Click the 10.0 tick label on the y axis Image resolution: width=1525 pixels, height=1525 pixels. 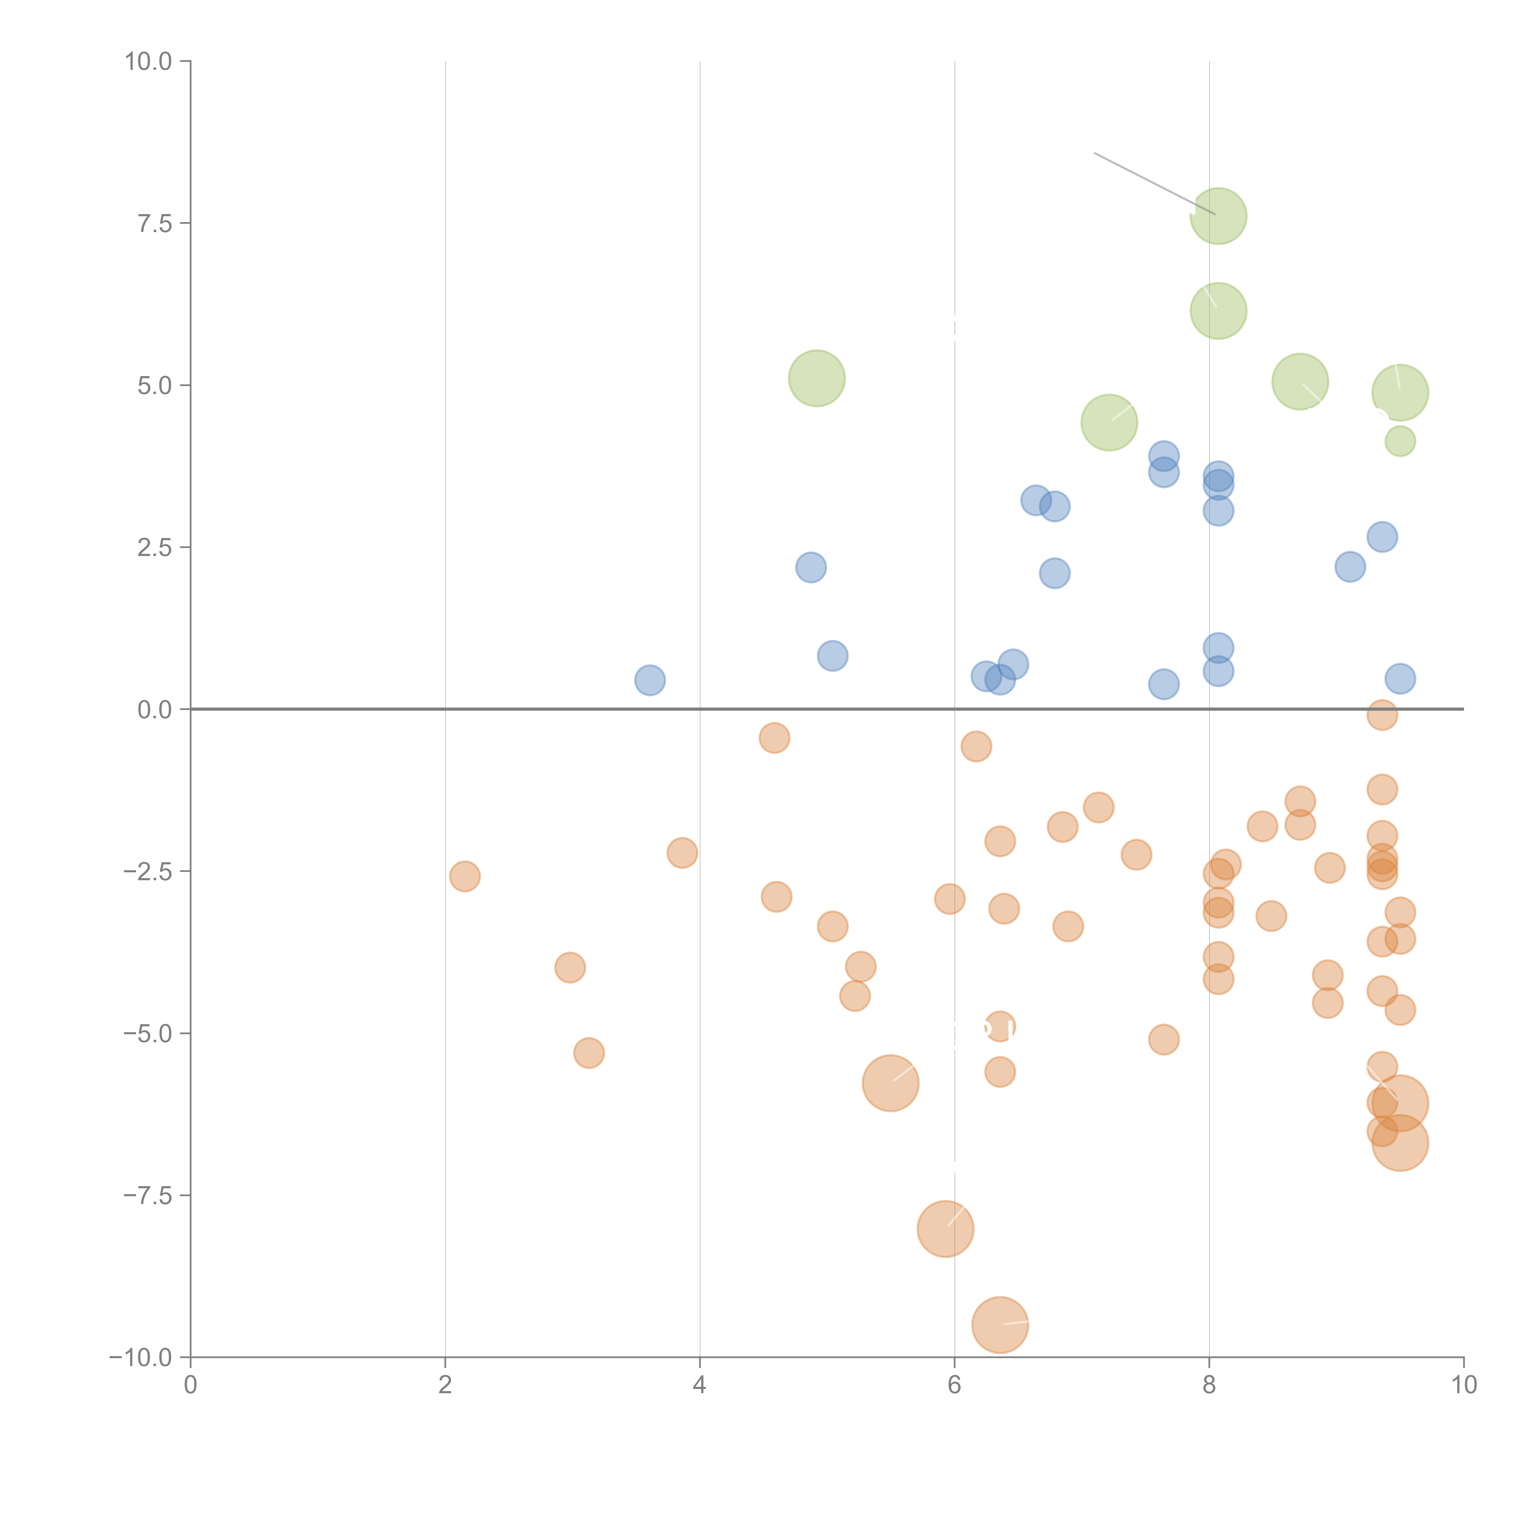click(149, 62)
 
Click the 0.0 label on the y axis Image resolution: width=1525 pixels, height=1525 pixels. click(155, 710)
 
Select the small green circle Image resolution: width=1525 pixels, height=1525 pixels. click(1400, 441)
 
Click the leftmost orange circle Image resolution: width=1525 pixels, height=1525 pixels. click(465, 876)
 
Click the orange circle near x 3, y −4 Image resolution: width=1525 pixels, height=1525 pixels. click(570, 968)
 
